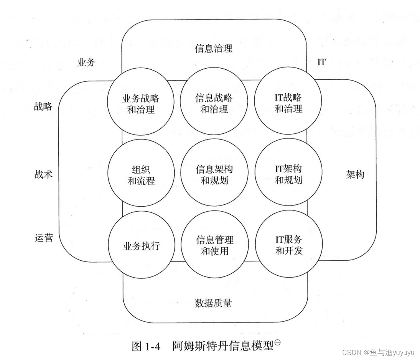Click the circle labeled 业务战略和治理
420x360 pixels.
coord(138,104)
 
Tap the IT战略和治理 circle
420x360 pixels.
coord(288,104)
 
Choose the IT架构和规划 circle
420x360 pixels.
coord(288,175)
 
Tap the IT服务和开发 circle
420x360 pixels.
coord(288,246)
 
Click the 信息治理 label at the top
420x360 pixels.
coord(214,49)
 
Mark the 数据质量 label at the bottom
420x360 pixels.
coord(214,303)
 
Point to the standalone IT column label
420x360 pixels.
coord(321,62)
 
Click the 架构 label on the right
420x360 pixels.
coord(355,175)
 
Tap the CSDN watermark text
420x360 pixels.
coord(378,352)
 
